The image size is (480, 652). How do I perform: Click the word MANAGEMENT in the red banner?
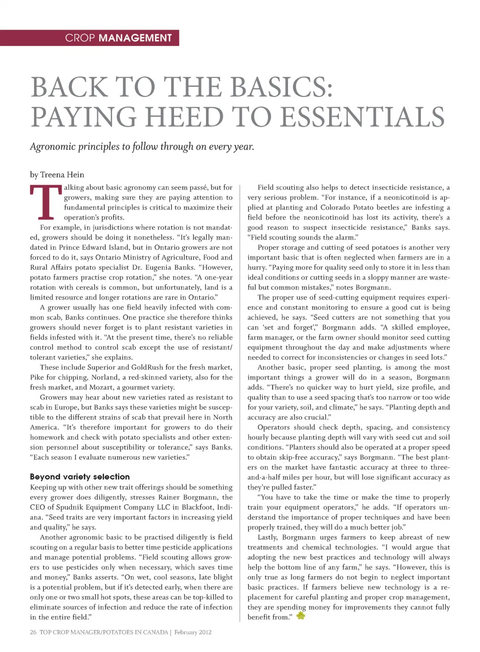coord(135,38)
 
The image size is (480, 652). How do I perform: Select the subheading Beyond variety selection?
coord(79,477)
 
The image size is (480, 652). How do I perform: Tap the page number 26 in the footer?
coord(33,632)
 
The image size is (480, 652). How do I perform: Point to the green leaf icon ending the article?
coord(300,616)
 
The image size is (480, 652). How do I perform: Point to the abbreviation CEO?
coord(37,507)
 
